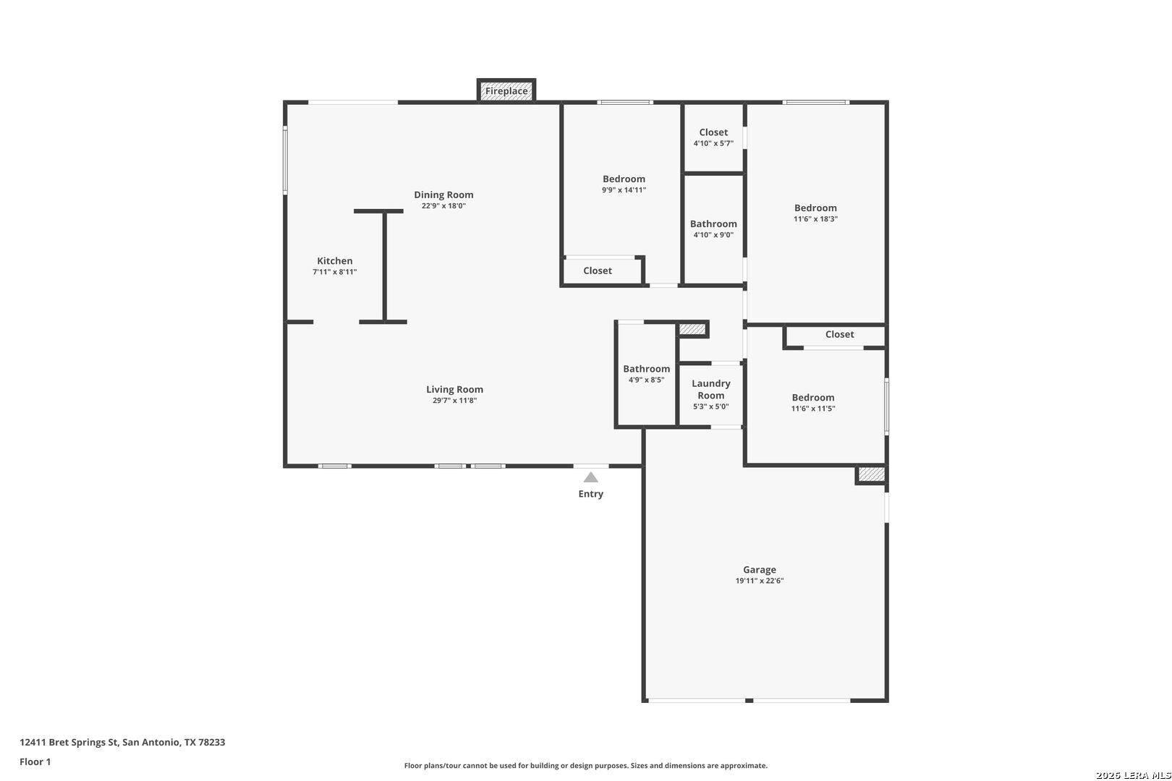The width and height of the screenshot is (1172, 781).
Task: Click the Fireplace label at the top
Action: click(x=506, y=91)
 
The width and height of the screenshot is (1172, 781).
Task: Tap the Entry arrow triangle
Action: click(x=591, y=477)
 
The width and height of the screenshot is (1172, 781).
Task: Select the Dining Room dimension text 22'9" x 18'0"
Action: click(x=443, y=205)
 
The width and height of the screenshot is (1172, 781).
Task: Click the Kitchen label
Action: click(x=335, y=260)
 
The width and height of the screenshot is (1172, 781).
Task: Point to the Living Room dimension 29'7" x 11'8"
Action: click(x=454, y=401)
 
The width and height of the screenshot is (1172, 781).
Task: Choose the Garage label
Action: click(x=760, y=570)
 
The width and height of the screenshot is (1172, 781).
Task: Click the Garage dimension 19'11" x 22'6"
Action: click(x=760, y=581)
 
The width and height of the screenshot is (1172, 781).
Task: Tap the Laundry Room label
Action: click(x=711, y=390)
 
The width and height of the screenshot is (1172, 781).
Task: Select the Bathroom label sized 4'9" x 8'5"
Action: click(x=647, y=369)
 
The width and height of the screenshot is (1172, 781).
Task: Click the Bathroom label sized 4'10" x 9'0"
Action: click(x=713, y=224)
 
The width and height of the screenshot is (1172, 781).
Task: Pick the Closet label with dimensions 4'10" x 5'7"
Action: click(x=713, y=132)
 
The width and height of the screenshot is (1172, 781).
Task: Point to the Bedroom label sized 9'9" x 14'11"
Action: click(x=624, y=179)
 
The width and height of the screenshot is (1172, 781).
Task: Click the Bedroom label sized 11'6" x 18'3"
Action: click(x=815, y=208)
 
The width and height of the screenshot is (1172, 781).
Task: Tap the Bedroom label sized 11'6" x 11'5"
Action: click(x=813, y=398)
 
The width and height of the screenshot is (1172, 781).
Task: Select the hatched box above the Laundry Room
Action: click(x=693, y=329)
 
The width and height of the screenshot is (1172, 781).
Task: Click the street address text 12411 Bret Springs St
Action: click(x=69, y=742)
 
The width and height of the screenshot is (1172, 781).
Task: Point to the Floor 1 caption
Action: click(x=35, y=761)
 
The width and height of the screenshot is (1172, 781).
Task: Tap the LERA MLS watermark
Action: click(x=1133, y=775)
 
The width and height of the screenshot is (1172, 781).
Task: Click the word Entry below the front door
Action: click(x=591, y=494)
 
